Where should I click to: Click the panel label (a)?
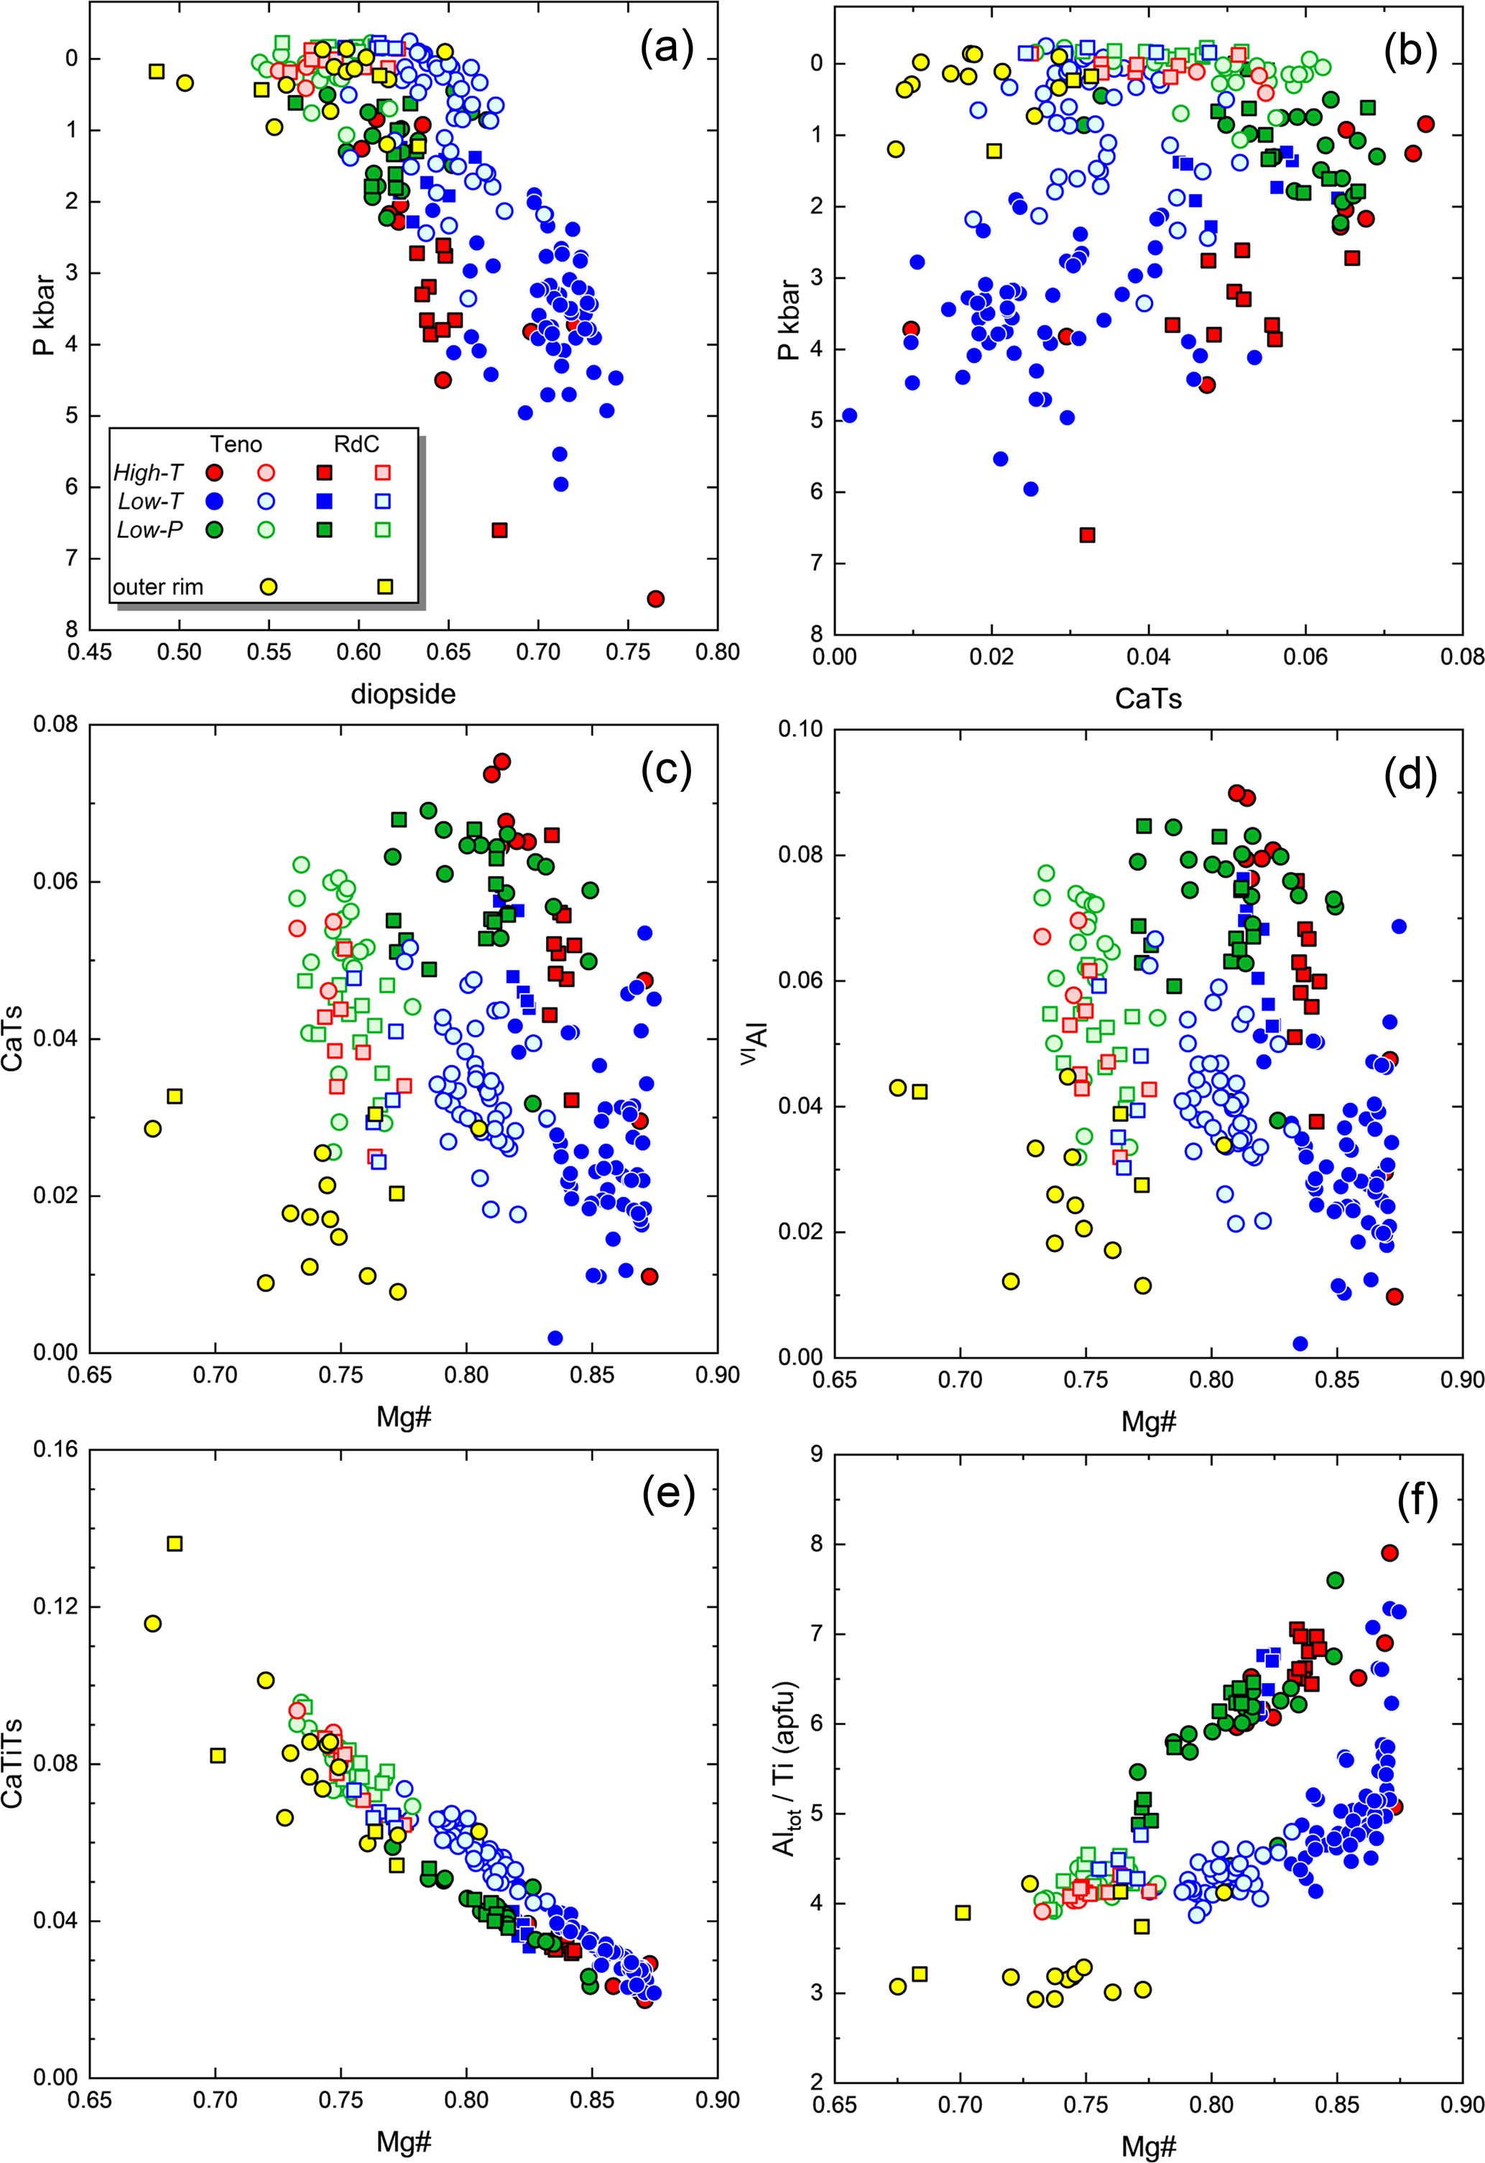(666, 50)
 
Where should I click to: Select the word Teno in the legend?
(236, 444)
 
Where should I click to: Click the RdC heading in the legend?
(356, 444)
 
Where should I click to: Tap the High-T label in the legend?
(148, 473)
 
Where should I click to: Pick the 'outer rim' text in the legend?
(157, 586)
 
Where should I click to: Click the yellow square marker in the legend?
(384, 586)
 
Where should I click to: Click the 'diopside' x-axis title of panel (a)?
(403, 693)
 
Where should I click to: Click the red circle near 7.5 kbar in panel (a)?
(655, 599)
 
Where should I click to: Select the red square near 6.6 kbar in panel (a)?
(499, 530)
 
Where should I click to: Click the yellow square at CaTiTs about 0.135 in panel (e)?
(174, 1543)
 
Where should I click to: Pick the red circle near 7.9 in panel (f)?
(1390, 1552)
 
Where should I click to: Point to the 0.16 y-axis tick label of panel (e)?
(55, 1450)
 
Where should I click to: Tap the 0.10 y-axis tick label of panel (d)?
(800, 729)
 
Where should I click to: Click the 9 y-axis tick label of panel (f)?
(816, 1454)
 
